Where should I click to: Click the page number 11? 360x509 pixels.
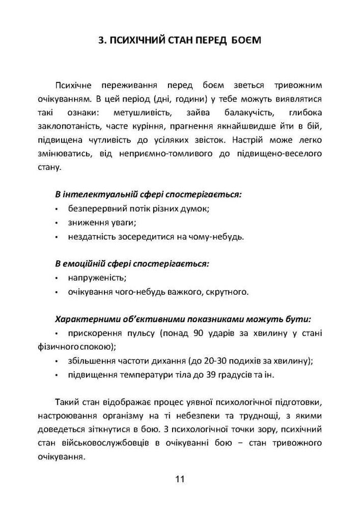[x=180, y=479]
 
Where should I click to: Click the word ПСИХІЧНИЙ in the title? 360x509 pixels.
[x=140, y=40]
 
